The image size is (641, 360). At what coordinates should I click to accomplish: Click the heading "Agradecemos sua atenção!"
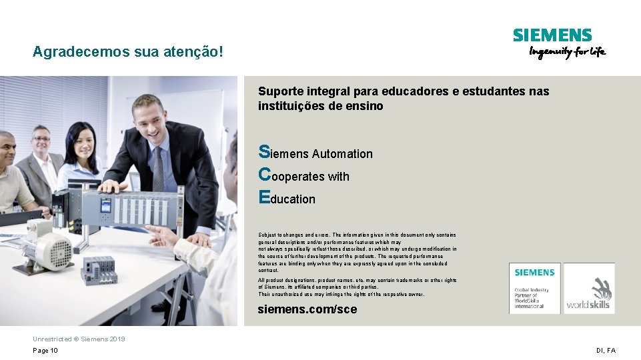coord(127,51)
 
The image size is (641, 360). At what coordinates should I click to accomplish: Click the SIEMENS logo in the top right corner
coord(552,35)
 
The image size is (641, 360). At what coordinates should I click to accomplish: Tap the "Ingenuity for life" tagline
coord(568,52)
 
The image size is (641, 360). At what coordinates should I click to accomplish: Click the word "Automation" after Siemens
coord(342,154)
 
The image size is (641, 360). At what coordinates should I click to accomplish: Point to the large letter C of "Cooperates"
coord(264,175)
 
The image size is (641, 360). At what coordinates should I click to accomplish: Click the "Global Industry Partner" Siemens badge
coord(535,289)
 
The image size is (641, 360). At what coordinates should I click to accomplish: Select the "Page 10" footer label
coord(45,351)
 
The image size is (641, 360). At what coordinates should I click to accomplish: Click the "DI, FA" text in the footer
coord(606,351)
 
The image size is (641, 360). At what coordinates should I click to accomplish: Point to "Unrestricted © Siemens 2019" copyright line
coord(79,339)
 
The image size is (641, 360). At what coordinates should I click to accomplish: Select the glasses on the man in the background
coord(42,139)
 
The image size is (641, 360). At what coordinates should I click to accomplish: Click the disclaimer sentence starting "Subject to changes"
coord(358,235)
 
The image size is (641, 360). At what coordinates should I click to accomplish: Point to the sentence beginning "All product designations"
coord(358,280)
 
